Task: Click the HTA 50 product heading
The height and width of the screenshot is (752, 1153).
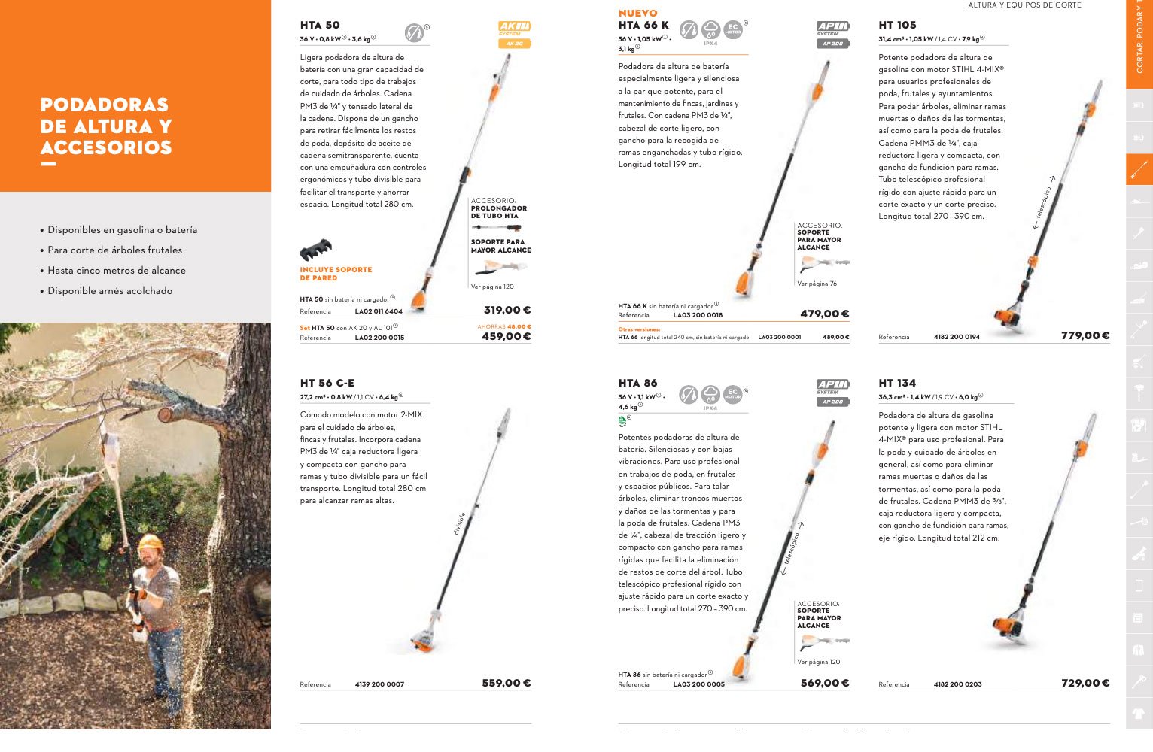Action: [x=320, y=25]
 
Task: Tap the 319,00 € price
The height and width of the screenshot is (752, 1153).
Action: [x=507, y=310]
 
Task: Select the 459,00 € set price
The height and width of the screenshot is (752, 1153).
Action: [x=507, y=336]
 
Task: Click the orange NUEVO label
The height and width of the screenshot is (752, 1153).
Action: [x=637, y=13]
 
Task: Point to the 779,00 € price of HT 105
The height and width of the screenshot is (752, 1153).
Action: [x=1085, y=335]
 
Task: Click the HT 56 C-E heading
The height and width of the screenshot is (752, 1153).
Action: [x=327, y=383]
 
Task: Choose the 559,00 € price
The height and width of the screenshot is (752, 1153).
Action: [x=507, y=683]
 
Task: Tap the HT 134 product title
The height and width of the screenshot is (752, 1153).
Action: [x=897, y=383]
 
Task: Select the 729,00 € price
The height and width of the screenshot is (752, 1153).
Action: [x=1085, y=683]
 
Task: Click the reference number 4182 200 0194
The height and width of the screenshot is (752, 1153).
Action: [x=957, y=337]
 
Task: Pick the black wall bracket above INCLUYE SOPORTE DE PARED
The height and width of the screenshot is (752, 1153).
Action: [x=316, y=250]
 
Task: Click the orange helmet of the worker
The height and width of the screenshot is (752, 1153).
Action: [x=151, y=543]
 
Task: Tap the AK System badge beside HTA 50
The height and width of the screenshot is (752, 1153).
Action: [x=515, y=29]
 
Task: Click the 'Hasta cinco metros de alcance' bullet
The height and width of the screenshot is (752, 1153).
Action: [x=116, y=270]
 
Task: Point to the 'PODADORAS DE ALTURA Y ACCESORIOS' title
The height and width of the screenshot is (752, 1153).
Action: [x=106, y=126]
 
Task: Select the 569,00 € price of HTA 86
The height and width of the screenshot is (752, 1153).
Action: [x=824, y=683]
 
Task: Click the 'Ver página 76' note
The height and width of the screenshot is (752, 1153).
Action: [x=817, y=284]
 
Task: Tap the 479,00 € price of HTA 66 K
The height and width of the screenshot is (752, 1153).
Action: [x=824, y=314]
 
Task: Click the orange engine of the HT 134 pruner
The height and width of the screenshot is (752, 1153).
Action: [x=1007, y=626]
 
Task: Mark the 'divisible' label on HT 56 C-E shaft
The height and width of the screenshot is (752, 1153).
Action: [x=460, y=523]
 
